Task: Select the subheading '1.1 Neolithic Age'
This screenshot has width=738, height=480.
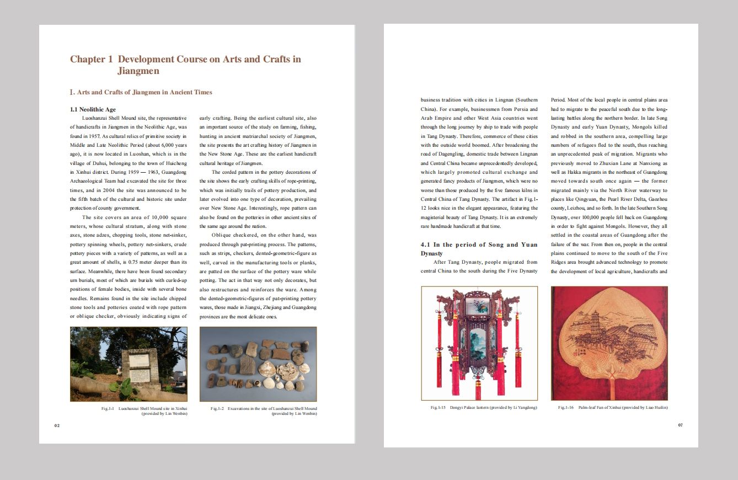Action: (x=93, y=109)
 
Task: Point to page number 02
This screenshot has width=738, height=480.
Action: (x=56, y=425)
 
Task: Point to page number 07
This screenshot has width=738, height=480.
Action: (x=681, y=425)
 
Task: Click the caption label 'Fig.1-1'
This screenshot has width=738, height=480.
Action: (x=107, y=408)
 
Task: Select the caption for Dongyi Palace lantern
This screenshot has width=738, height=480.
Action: (x=484, y=407)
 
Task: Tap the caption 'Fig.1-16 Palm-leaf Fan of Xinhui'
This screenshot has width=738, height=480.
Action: (x=613, y=407)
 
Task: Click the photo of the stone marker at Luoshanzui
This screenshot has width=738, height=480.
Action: (x=129, y=364)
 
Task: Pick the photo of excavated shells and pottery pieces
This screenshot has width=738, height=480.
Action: (x=258, y=364)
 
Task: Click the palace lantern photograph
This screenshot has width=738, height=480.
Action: (x=479, y=343)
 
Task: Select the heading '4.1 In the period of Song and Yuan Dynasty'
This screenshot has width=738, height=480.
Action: (x=479, y=249)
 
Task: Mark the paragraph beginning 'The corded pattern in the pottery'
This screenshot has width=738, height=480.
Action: (x=258, y=199)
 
